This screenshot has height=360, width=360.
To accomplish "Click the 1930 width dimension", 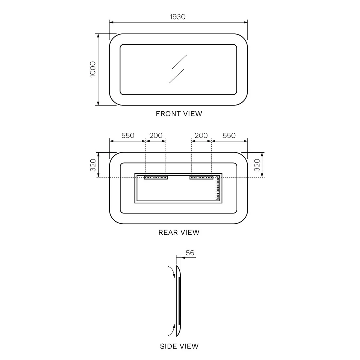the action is pos(177,17).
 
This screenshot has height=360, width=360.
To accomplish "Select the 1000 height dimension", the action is pos(93,69).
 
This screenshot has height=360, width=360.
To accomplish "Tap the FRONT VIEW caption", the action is pos(179,114).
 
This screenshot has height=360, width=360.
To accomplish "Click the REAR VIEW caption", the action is pos(179,232).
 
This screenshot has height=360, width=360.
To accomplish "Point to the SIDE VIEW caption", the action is pos(179,346).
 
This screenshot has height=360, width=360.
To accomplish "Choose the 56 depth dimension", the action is pos(190,253).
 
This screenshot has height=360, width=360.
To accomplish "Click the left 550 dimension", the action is pos(128,135).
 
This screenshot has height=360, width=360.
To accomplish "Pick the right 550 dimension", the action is pos(229,135).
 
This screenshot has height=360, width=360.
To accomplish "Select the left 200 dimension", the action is pos(156,135).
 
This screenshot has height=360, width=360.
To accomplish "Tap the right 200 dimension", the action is pos(201,135).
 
